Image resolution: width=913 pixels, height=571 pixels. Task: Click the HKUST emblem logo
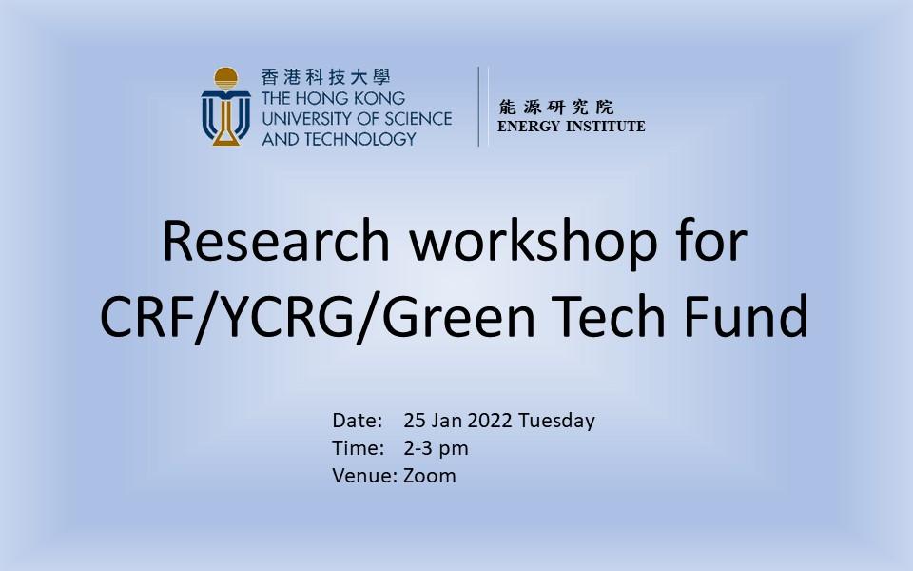[226, 106]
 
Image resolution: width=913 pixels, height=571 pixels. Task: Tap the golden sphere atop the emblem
[226, 77]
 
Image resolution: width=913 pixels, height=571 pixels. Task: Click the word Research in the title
[276, 241]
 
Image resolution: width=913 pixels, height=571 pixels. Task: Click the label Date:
[357, 420]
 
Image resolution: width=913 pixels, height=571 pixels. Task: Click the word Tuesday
[556, 422]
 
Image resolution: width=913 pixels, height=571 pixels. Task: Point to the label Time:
[359, 447]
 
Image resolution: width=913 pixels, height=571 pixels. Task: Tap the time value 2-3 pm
[437, 448]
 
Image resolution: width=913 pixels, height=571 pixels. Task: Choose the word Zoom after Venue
[430, 476]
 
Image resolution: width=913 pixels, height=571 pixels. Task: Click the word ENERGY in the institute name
[529, 126]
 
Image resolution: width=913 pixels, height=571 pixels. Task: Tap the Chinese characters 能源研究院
[556, 107]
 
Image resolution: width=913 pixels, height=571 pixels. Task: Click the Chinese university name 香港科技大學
[325, 76]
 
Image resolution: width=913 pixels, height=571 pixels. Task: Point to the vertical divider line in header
[478, 106]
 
